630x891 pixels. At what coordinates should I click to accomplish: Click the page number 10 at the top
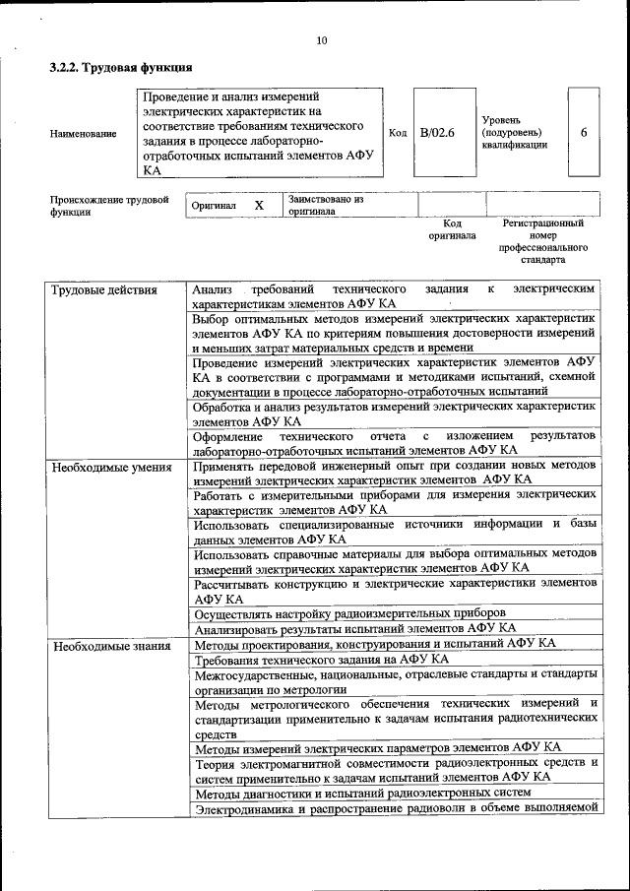(x=322, y=40)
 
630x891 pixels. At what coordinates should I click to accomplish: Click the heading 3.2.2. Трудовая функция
(x=120, y=68)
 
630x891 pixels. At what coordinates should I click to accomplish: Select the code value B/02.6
(x=437, y=133)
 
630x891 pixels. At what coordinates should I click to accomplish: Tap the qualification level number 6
(x=585, y=132)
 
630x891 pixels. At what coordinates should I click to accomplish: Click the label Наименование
(x=82, y=133)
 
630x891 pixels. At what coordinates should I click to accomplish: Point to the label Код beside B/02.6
(x=398, y=133)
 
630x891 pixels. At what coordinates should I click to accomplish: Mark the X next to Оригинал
(x=259, y=206)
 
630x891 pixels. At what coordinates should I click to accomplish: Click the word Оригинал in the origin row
(x=214, y=206)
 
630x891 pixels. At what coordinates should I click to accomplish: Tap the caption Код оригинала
(x=452, y=229)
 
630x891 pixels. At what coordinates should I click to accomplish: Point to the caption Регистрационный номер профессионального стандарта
(x=542, y=242)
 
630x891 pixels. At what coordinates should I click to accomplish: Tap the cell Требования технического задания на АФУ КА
(x=321, y=659)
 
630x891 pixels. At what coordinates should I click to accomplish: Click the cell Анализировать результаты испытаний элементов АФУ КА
(x=354, y=627)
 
